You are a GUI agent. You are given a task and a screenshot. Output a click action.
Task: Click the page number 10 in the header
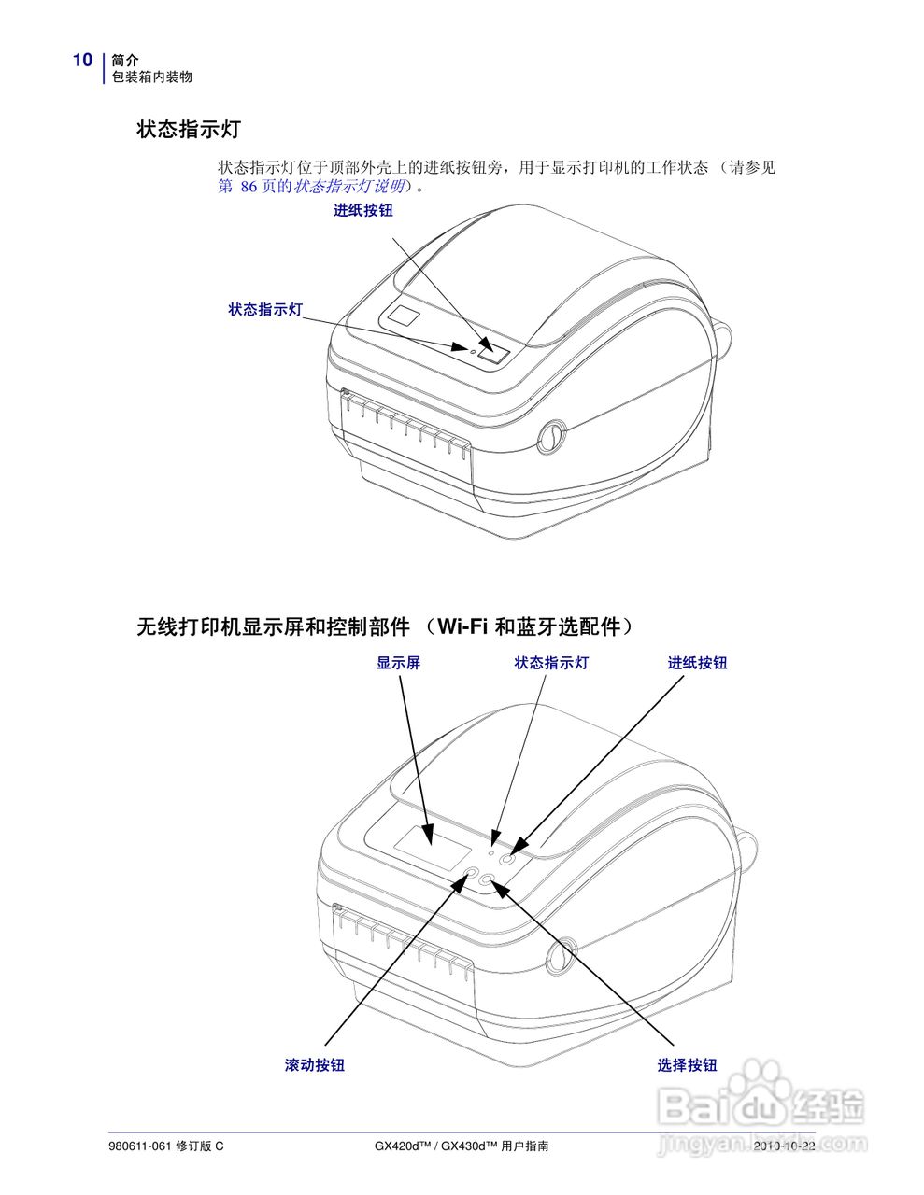(82, 61)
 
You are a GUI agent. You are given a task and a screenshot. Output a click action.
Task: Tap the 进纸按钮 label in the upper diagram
(363, 211)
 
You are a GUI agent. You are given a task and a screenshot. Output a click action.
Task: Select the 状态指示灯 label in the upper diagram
(266, 309)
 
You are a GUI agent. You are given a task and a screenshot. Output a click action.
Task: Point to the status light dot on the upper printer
(472, 345)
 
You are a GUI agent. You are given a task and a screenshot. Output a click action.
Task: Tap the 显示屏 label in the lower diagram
(398, 663)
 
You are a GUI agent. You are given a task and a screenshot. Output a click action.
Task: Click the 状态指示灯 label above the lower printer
(551, 663)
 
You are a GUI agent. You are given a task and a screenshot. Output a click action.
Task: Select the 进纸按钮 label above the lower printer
(697, 663)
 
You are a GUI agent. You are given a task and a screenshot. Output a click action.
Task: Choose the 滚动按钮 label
(315, 1065)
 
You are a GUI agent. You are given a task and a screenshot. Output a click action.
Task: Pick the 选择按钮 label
(687, 1065)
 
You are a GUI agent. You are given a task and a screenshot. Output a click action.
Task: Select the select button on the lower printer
(488, 879)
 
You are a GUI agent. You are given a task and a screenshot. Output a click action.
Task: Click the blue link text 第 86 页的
(255, 187)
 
